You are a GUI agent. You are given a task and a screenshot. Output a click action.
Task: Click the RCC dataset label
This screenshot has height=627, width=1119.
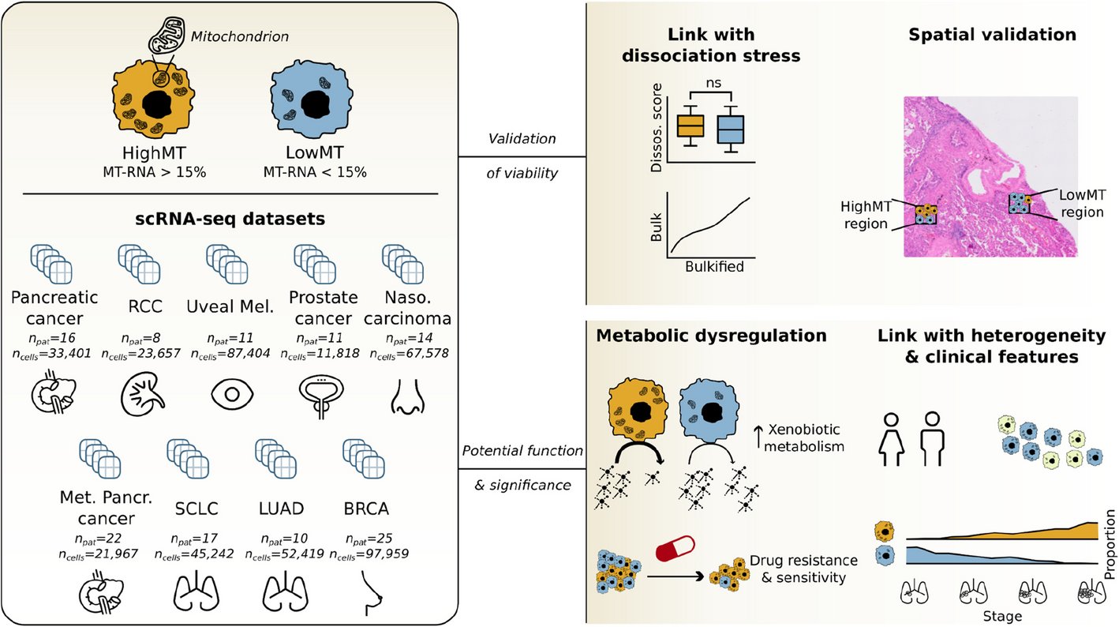click(144, 306)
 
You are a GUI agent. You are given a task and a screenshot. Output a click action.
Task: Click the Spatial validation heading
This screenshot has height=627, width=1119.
click(992, 35)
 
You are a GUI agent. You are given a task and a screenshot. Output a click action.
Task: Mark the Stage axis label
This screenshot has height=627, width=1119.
click(1002, 615)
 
